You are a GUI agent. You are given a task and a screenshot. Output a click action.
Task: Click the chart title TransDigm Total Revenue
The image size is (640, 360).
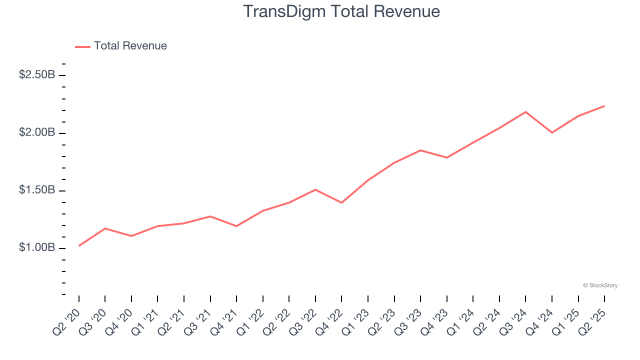(341, 11)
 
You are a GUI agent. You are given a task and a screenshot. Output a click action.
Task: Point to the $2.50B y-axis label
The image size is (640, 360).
(37, 75)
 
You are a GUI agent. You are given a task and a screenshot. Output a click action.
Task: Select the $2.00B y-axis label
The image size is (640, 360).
(37, 133)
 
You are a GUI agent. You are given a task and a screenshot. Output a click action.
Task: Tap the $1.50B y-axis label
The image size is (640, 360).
(37, 190)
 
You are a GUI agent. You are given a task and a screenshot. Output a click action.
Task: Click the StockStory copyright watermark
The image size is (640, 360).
(600, 285)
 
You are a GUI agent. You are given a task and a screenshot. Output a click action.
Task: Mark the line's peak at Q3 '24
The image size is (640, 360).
(525, 112)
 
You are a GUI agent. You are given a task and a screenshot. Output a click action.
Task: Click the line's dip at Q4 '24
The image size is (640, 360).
(552, 132)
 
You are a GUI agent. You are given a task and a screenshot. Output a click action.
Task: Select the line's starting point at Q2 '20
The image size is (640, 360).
(79, 245)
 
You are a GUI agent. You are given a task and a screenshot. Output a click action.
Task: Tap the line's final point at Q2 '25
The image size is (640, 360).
(604, 106)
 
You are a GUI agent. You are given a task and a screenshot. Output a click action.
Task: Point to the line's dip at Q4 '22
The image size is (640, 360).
(341, 202)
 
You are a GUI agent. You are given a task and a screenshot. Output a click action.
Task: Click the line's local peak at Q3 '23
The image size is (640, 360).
(420, 150)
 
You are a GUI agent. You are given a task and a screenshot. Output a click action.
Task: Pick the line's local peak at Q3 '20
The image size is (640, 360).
(105, 228)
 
